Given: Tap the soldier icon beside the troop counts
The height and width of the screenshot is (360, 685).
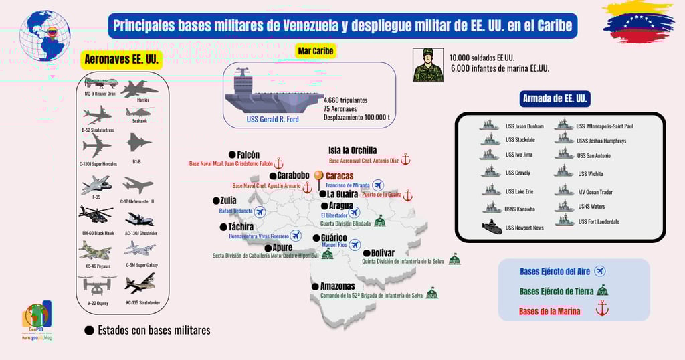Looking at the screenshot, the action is click(428, 65).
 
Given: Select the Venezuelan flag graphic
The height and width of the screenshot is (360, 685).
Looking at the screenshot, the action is click(638, 21).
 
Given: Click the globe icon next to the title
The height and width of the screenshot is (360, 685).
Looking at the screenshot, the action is click(45, 35).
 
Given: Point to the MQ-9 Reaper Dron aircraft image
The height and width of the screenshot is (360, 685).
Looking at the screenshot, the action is click(100, 84).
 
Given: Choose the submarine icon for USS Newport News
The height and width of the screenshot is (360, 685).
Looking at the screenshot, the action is click(492, 227).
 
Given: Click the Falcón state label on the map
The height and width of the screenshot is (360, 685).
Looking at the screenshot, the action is click(248, 155).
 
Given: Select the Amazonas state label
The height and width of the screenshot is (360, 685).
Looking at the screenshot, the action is click(337, 286).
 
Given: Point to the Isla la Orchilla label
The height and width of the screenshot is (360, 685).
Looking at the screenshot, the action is click(353, 151).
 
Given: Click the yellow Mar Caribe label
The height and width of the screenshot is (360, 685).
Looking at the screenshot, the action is click(315, 51).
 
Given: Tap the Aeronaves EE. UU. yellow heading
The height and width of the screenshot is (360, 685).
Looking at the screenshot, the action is click(121, 60).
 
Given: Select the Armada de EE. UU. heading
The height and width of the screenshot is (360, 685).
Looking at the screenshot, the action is click(555, 99).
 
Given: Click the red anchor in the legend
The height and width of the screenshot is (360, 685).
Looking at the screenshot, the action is click(602, 308).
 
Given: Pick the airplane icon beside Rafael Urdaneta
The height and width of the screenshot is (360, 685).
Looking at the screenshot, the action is click(260, 211).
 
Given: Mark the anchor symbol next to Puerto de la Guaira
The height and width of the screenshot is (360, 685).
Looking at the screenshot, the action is click(408, 195).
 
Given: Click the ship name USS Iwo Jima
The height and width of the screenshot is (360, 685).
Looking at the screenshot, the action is click(518, 155).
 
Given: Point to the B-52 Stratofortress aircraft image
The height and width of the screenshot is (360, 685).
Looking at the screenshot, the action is click(98, 114).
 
